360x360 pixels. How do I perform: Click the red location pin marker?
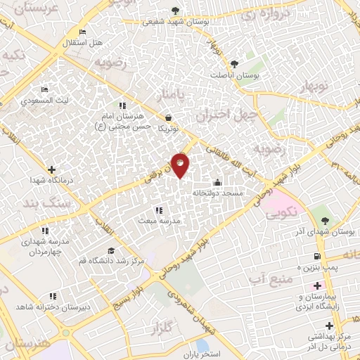[180, 165]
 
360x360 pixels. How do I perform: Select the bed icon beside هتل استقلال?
[83, 32]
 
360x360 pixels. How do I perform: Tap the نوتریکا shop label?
[169, 129]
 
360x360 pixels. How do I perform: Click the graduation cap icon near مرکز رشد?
[111, 250]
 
